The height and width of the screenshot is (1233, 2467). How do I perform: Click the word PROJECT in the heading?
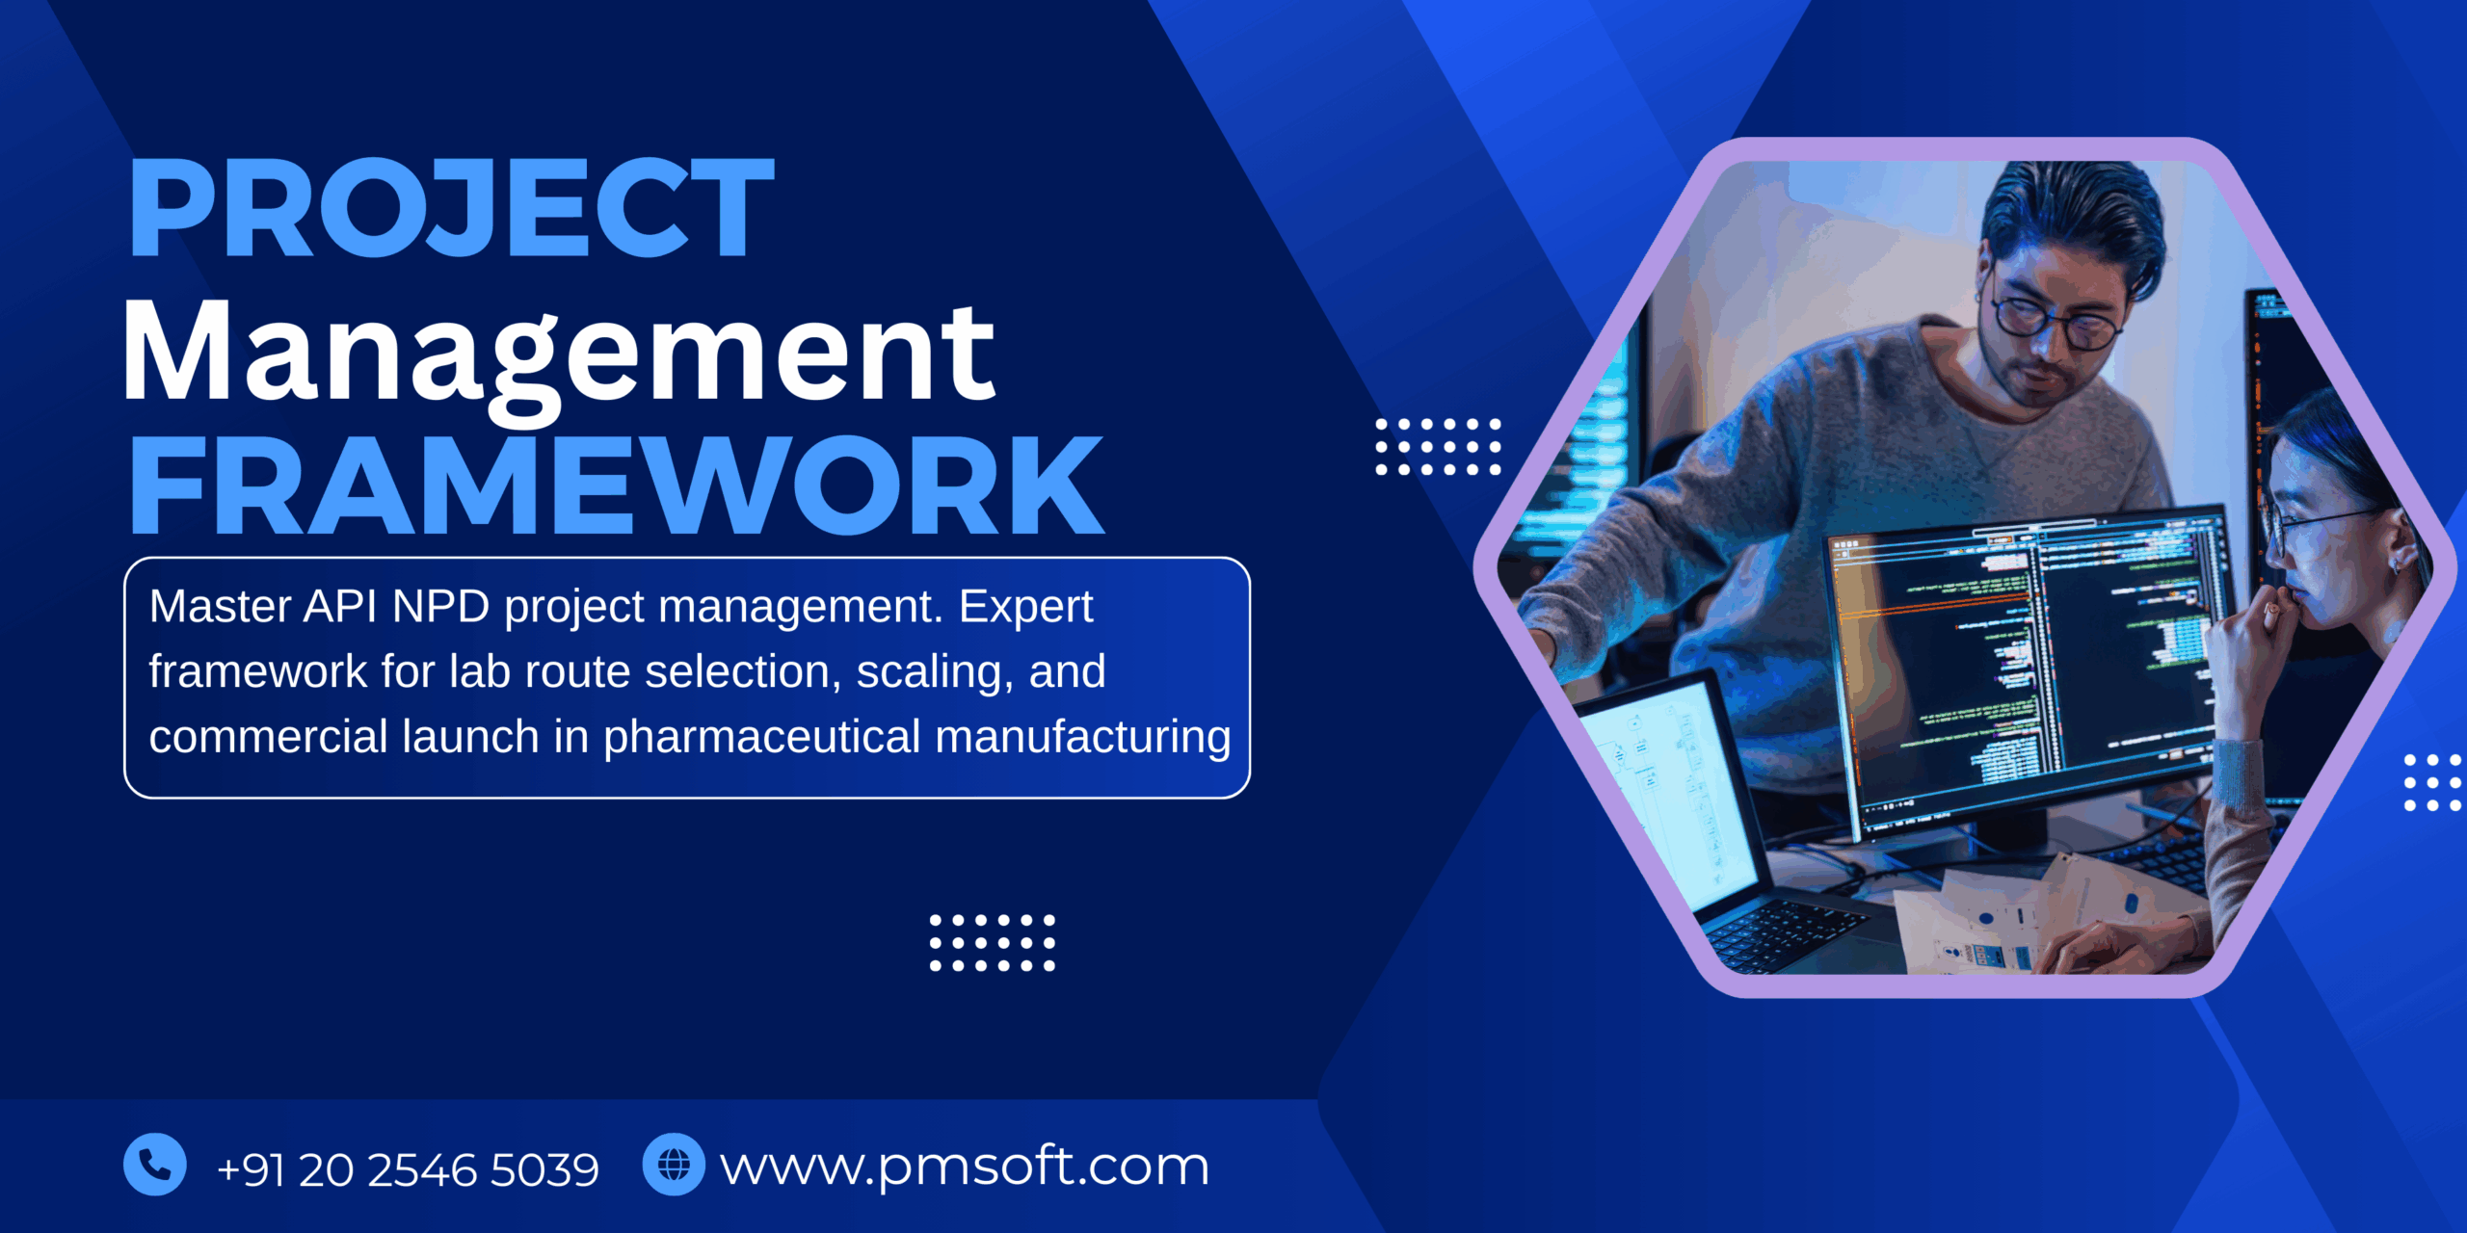451,208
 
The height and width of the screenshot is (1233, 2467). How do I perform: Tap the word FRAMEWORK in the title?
617,485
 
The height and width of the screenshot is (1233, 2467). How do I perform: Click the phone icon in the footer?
154,1165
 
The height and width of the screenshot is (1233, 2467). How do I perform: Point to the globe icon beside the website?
674,1165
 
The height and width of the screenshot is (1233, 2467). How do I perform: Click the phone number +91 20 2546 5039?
408,1169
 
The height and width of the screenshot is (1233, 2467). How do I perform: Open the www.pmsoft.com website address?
965,1167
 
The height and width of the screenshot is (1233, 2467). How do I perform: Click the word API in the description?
339,607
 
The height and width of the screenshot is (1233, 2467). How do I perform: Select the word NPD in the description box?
441,607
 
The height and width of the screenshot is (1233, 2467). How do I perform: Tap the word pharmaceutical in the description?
762,737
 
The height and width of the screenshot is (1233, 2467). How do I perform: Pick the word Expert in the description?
1025,607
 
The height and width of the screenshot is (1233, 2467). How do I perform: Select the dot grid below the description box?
992,943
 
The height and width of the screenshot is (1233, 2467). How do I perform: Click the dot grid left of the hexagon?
1438,447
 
